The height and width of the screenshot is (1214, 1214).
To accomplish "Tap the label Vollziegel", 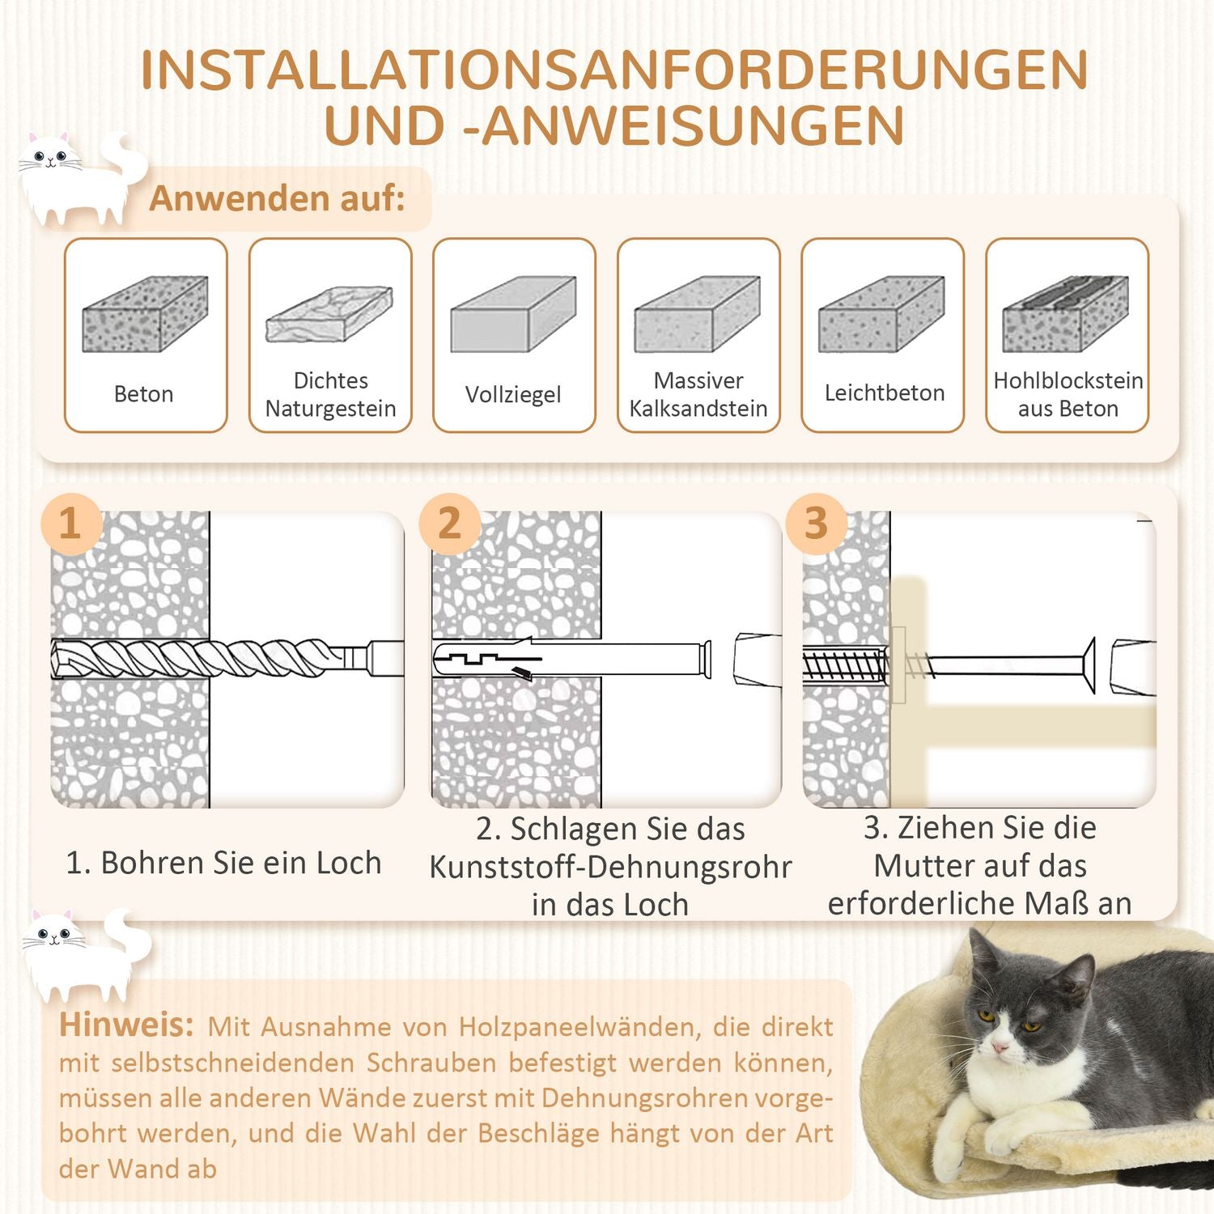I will coord(513,394).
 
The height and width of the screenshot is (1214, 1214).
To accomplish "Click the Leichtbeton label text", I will coord(884,393).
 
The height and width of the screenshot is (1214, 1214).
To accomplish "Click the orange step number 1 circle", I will coord(71,523).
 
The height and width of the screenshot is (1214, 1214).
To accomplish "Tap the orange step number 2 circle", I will coord(450,523).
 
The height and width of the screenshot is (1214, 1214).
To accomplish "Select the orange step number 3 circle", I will coord(817,523).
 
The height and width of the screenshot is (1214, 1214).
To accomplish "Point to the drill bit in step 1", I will coord(202,658).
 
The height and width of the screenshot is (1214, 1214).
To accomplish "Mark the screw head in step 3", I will coord(1088,665).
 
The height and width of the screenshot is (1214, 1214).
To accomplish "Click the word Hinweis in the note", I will coord(125,1025).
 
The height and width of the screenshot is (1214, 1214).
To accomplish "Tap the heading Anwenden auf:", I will coord(277,198).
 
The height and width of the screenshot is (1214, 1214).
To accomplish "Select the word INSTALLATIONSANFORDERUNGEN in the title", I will coord(613,70).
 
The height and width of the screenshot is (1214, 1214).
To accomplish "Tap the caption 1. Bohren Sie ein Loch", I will coord(223,863).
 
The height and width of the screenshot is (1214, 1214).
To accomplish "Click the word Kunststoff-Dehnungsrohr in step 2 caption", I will coord(610,867).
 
